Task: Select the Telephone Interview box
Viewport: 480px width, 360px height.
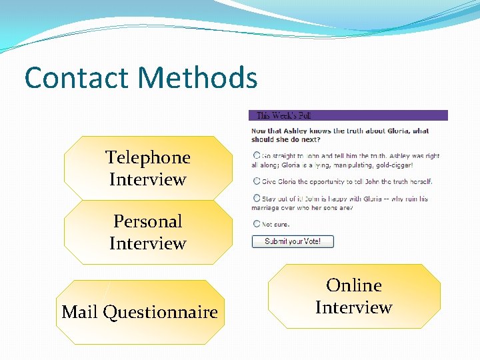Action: pyautogui.click(x=148, y=168)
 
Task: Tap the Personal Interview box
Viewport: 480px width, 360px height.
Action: pyautogui.click(x=148, y=232)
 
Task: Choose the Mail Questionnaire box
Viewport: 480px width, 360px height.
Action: pyautogui.click(x=140, y=312)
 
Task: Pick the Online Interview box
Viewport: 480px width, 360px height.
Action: pyautogui.click(x=354, y=296)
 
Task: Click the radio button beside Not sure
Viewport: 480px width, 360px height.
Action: pyautogui.click(x=257, y=224)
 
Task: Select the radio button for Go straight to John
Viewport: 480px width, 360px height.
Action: pyautogui.click(x=257, y=156)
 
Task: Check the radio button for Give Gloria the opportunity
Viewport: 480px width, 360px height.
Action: pyautogui.click(x=257, y=181)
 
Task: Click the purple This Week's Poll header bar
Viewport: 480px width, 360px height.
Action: pyautogui.click(x=348, y=115)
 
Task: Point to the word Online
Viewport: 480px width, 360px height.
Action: pyautogui.click(x=354, y=285)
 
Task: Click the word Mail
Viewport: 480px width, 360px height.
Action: pyautogui.click(x=80, y=312)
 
